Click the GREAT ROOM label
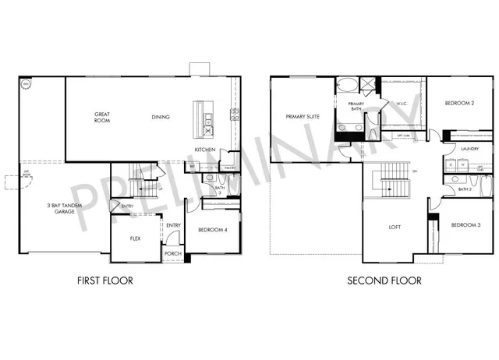pyautogui.click(x=102, y=118)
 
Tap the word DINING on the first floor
pyautogui.click(x=161, y=118)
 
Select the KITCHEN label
pyautogui.click(x=204, y=150)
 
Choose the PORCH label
pyautogui.click(x=172, y=254)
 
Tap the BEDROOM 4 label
pyautogui.click(x=211, y=231)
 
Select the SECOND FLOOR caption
pyautogui.click(x=384, y=281)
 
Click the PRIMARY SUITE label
pyautogui.click(x=300, y=118)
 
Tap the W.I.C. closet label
pyautogui.click(x=402, y=103)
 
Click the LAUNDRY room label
pyautogui.click(x=469, y=148)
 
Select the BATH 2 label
pyautogui.click(x=465, y=189)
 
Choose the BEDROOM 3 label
pyautogui.click(x=465, y=225)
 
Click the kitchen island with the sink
pyautogui.click(x=207, y=116)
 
